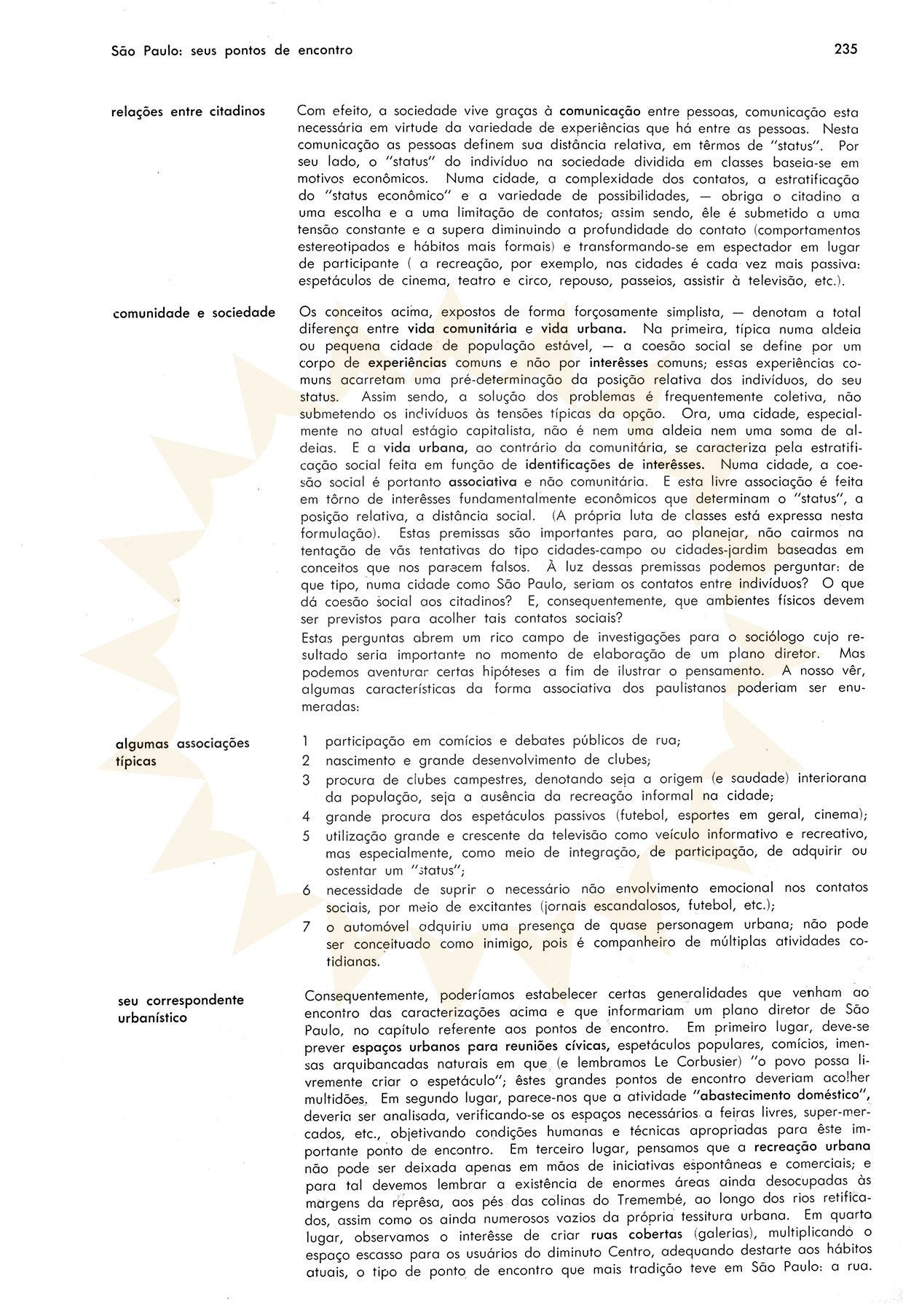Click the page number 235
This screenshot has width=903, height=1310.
[845, 50]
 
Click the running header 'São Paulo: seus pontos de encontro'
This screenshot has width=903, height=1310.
[232, 50]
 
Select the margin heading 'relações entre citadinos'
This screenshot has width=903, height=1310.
[188, 111]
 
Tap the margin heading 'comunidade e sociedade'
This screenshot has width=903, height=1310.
[194, 313]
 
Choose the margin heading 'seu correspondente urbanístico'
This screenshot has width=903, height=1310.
[181, 1009]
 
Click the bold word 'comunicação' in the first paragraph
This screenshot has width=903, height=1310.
[599, 111]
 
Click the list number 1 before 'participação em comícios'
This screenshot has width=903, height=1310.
[306, 741]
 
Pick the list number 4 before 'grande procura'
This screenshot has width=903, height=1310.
[307, 816]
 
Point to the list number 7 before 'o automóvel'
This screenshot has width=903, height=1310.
[307, 926]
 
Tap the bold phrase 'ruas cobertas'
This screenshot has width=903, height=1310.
[637, 1234]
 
